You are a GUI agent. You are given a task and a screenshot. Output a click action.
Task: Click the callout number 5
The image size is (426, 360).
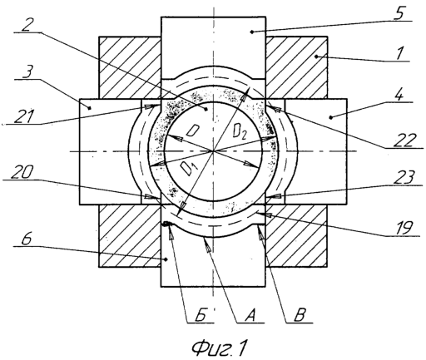point(400,12)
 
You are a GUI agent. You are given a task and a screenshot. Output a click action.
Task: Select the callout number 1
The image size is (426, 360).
point(399,53)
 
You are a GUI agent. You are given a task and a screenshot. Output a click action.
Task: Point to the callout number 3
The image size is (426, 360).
point(27,72)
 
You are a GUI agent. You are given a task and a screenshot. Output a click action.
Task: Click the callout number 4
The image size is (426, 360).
point(399,94)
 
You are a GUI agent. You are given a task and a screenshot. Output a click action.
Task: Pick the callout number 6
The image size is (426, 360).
point(27,238)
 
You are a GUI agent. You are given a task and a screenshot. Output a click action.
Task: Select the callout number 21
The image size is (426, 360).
point(24,116)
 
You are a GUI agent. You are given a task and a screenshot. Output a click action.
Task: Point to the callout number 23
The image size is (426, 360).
point(404,177)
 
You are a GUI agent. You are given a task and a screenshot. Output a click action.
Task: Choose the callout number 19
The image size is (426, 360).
point(403,228)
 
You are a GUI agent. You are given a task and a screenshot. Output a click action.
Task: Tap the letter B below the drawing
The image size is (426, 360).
point(299,315)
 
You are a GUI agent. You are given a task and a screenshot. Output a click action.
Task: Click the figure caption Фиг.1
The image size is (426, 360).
point(219,348)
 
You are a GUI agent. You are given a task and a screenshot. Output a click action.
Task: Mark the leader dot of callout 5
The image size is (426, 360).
point(251,32)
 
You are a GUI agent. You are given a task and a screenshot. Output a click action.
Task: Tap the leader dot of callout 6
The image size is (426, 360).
point(166,259)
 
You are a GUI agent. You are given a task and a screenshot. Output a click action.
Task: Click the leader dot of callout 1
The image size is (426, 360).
point(316,57)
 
